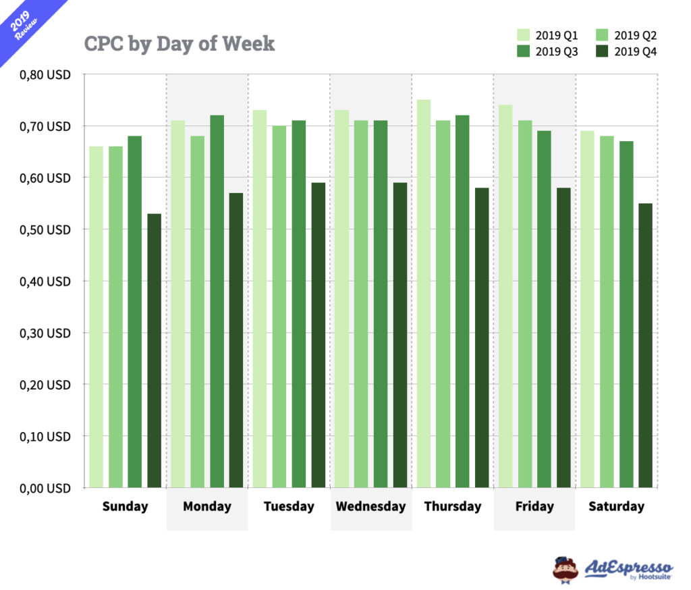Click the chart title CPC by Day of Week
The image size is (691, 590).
click(x=179, y=44)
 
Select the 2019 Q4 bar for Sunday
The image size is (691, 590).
click(x=155, y=350)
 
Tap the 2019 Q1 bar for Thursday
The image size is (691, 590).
click(x=424, y=294)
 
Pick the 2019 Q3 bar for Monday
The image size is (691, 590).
click(x=217, y=301)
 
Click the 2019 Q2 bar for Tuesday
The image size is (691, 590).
click(x=279, y=306)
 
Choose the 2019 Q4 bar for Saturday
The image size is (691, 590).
click(x=646, y=345)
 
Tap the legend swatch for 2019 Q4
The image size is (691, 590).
click(x=603, y=52)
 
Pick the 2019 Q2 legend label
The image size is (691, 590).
click(x=636, y=35)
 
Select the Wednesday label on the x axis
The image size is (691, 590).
click(x=370, y=506)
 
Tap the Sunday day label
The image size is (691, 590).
click(x=125, y=506)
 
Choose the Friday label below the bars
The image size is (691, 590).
click(x=534, y=506)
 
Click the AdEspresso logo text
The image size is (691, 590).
click(x=628, y=567)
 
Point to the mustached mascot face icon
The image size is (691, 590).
click(x=565, y=568)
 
